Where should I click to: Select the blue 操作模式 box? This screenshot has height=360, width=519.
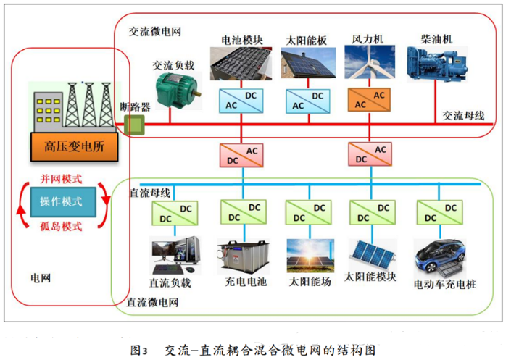61,201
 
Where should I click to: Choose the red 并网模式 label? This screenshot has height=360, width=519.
61,179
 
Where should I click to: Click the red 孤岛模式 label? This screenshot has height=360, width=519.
61,225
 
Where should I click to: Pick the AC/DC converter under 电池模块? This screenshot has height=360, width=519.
240,100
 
